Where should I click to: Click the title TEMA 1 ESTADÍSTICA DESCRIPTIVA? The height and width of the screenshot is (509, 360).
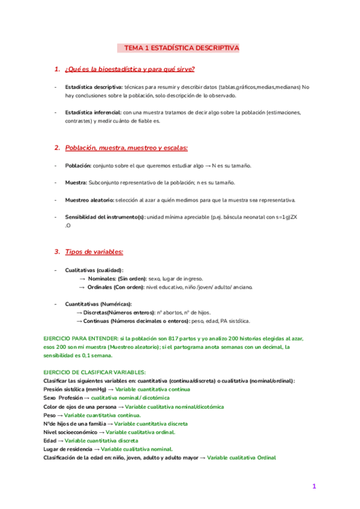[181, 47]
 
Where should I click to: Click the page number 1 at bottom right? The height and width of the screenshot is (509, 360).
[313, 486]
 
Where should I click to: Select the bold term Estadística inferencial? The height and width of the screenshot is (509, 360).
[93, 112]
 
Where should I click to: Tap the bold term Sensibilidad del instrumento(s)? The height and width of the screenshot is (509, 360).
[105, 217]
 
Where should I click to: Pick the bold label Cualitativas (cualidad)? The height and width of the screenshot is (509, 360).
[94, 270]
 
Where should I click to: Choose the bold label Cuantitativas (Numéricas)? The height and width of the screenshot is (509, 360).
[98, 304]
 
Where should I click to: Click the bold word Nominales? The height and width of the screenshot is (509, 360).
[103, 279]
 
